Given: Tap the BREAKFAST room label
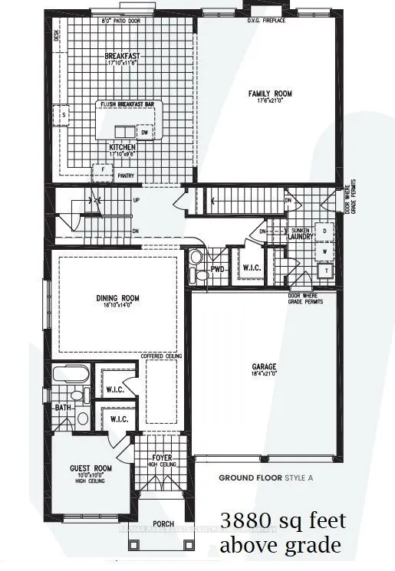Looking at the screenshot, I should click(x=123, y=56).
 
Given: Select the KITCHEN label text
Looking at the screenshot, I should click(x=123, y=146).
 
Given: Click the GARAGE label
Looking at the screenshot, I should click(x=264, y=366).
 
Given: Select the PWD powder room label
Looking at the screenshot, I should click(x=217, y=269).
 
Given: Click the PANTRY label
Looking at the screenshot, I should click(x=126, y=176).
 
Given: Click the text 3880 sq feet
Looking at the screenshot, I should click(x=283, y=522).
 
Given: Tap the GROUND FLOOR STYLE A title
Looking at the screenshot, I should click(x=265, y=477).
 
